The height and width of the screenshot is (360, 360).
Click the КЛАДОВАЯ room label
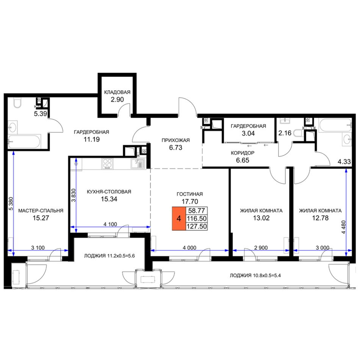click(117, 92)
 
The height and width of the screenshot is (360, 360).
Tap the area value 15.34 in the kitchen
click(109, 199)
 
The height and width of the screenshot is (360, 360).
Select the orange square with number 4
click(179, 218)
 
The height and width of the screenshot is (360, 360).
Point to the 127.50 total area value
click(197, 226)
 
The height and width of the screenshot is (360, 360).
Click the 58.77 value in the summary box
click(197, 211)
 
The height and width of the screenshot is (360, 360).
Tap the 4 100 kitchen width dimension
click(110, 224)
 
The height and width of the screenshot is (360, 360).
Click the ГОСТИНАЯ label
click(189, 194)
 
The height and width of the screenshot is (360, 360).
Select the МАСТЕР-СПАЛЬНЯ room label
click(41, 211)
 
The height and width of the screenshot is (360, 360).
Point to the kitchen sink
click(138, 164)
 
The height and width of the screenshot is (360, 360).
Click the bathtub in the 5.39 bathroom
click(24, 142)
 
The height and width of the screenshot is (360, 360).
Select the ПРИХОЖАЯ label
click(175, 140)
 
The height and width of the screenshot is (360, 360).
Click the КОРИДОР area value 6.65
click(243, 160)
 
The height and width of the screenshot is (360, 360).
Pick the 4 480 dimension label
click(343, 227)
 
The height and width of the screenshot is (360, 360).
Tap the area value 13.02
click(261, 218)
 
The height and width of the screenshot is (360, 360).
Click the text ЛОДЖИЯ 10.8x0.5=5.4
click(255, 275)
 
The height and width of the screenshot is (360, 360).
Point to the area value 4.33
click(344, 162)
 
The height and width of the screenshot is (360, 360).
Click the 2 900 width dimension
click(261, 248)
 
